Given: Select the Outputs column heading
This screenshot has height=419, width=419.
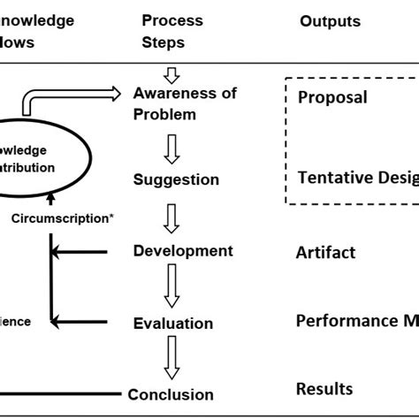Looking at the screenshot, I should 330,21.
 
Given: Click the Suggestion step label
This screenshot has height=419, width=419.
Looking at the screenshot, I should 176,179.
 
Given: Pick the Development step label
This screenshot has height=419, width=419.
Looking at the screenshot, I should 183,251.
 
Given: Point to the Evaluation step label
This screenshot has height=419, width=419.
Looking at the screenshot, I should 173,324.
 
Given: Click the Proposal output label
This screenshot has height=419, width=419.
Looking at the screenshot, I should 331,97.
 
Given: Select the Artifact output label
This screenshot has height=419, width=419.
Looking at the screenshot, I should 325,253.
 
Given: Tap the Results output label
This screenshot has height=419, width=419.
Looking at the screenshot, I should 324,389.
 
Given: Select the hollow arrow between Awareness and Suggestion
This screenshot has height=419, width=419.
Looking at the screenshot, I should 172,147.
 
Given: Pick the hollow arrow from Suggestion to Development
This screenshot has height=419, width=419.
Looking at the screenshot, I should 172,217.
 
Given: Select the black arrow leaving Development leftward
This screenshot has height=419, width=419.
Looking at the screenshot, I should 80,253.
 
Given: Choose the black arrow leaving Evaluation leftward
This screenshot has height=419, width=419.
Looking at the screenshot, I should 80,324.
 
